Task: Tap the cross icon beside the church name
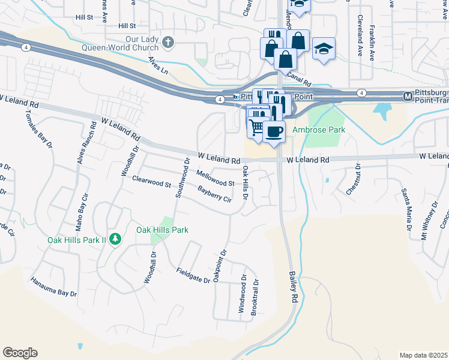click(x=169, y=42)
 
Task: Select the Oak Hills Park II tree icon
click(x=114, y=239)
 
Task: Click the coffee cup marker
click(x=274, y=131)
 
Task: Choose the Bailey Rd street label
click(x=294, y=288)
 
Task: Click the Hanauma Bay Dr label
click(x=54, y=287)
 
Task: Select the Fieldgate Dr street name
click(x=192, y=271)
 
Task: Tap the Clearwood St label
click(x=152, y=181)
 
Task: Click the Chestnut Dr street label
click(x=352, y=179)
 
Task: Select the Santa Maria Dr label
click(x=407, y=209)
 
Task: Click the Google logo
click(x=20, y=353)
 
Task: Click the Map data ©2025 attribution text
click(x=423, y=355)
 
